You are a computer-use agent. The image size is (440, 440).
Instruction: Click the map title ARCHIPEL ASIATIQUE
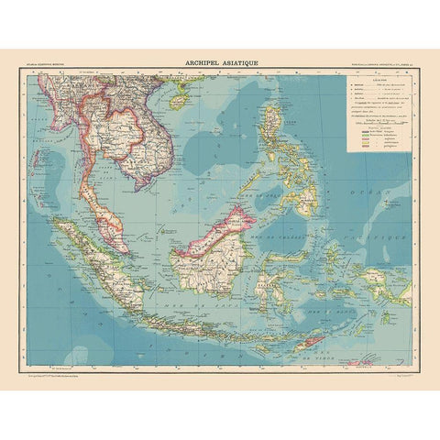click(x=220, y=62)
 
